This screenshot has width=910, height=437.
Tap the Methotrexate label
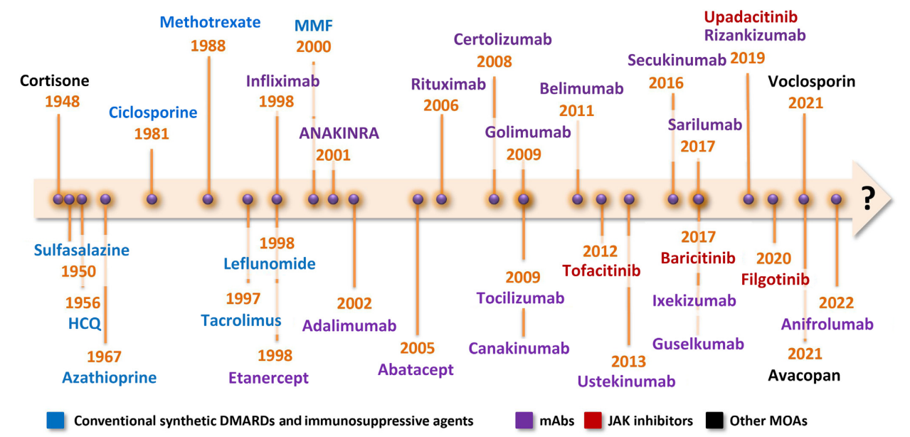click(210, 22)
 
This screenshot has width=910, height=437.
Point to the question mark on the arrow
click(867, 199)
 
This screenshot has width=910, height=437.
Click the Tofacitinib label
click(601, 270)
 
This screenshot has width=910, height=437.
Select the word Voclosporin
click(811, 82)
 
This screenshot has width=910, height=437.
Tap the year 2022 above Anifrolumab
click(836, 303)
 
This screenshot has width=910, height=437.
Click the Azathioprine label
click(109, 377)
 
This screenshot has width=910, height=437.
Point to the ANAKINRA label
click(339, 134)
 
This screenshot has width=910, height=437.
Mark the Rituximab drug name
click(448, 85)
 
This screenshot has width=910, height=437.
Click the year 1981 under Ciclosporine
click(151, 133)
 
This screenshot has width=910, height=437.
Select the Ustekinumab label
click(626, 382)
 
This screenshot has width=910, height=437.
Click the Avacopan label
click(804, 375)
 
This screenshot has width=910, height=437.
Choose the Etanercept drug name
click(268, 378)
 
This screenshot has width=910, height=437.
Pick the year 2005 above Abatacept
click(417, 349)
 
